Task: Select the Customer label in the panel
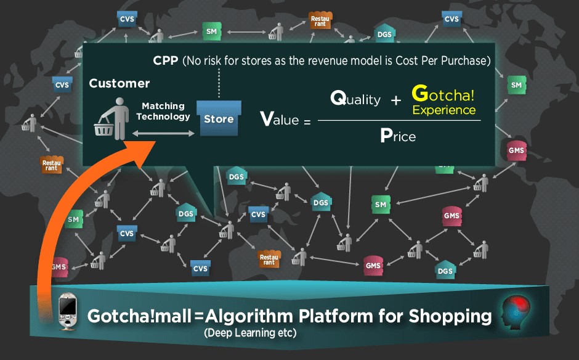pos(119,83)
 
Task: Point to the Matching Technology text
pos(163,111)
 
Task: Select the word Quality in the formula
pos(355,99)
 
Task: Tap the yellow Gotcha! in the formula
pos(443,94)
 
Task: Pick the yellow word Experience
pos(444,110)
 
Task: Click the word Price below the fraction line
pos(398,136)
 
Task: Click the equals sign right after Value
pos(307,121)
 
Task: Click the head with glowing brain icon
pos(515,311)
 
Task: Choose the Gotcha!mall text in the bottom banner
pos(139,317)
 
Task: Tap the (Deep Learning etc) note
pos(249,333)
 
